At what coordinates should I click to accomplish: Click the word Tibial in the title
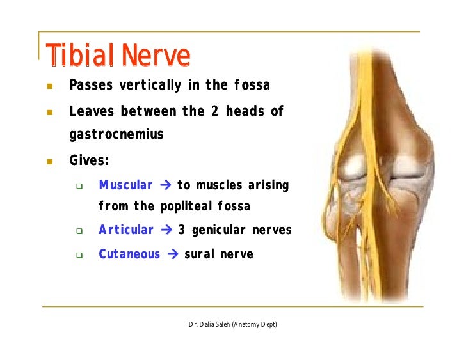[80, 54]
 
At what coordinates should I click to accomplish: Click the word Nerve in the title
[156, 55]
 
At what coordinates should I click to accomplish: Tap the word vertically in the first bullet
[150, 85]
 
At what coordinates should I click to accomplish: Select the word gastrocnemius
[116, 134]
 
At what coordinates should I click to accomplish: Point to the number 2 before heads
[215, 111]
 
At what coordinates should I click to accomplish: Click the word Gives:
[89, 160]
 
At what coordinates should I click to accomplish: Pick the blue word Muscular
[125, 185]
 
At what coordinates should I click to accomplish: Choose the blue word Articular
[126, 230]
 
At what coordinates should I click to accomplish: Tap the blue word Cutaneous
[129, 254]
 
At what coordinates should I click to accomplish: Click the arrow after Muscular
[166, 185]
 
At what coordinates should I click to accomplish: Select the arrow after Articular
[166, 230]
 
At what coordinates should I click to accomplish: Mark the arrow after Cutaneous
[173, 254]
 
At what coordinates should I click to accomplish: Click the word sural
[200, 254]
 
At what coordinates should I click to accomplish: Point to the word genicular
[219, 230]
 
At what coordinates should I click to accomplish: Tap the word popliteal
[186, 207]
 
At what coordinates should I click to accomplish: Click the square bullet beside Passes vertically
[50, 86]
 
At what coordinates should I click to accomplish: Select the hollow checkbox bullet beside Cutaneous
[79, 255]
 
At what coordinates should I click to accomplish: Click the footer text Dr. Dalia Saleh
[209, 324]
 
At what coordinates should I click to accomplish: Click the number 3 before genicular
[182, 230]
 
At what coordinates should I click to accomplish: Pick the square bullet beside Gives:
[50, 161]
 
